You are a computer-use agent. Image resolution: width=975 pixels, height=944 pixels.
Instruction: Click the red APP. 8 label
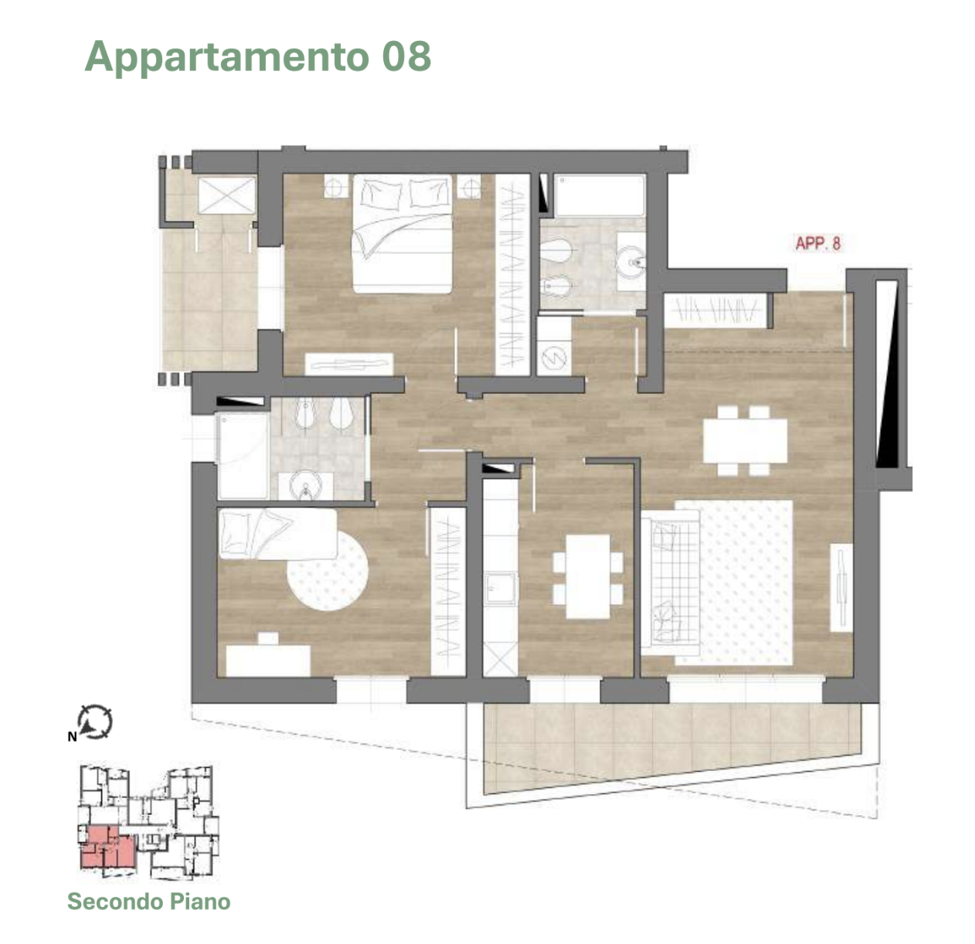click(817, 243)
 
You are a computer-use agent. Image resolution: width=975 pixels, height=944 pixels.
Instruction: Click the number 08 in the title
click(406, 56)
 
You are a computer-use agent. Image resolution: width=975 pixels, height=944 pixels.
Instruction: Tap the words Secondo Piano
click(149, 901)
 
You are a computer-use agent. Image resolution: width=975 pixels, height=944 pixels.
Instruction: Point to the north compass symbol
click(95, 722)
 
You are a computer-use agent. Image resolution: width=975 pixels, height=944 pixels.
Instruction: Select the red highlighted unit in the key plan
click(107, 847)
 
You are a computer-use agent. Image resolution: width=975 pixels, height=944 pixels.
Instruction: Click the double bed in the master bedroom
click(403, 233)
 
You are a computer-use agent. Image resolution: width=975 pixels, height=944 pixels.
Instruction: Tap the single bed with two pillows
click(278, 534)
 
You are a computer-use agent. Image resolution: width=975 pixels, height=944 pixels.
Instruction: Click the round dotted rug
click(327, 570)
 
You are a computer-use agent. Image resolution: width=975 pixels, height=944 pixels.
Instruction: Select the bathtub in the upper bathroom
click(600, 195)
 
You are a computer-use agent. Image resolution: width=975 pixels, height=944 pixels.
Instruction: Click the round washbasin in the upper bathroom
click(631, 261)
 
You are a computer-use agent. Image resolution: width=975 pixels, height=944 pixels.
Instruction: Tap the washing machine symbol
click(554, 358)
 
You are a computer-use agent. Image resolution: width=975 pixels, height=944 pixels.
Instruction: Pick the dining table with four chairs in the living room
click(745, 441)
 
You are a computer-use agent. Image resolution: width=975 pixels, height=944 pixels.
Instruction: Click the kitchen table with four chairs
click(588, 577)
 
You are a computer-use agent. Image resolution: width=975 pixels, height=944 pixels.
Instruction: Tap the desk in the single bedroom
click(268, 660)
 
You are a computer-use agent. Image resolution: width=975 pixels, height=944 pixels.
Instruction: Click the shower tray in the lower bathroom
click(243, 456)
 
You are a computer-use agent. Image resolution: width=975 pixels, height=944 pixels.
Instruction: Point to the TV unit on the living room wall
click(841, 588)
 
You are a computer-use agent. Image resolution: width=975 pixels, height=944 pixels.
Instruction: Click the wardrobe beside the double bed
click(513, 274)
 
